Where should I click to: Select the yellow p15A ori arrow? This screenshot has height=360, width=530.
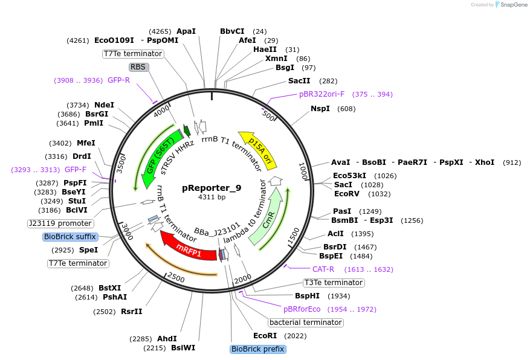pyautogui.click(x=259, y=150)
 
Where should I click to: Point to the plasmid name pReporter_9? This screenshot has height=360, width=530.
pyautogui.click(x=212, y=188)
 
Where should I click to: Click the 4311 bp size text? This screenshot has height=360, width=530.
pyautogui.click(x=212, y=197)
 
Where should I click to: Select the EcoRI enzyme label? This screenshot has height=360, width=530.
pyautogui.click(x=264, y=336)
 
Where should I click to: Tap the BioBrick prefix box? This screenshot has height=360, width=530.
pyautogui.click(x=258, y=349)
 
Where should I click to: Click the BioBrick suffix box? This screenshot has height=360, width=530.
pyautogui.click(x=70, y=237)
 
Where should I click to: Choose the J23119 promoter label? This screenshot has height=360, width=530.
pyautogui.click(x=60, y=223)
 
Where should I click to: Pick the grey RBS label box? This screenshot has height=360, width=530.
pyautogui.click(x=138, y=67)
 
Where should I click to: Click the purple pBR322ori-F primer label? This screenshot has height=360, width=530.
pyautogui.click(x=322, y=94)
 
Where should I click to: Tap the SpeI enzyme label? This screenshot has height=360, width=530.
pyautogui.click(x=88, y=250)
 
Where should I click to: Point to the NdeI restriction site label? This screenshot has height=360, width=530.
pyautogui.click(x=104, y=104)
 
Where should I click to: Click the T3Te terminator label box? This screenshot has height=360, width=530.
pyautogui.click(x=334, y=283)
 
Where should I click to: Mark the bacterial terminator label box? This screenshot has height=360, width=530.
pyautogui.click(x=306, y=323)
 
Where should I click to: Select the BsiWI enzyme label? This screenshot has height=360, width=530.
pyautogui.click(x=183, y=348)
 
